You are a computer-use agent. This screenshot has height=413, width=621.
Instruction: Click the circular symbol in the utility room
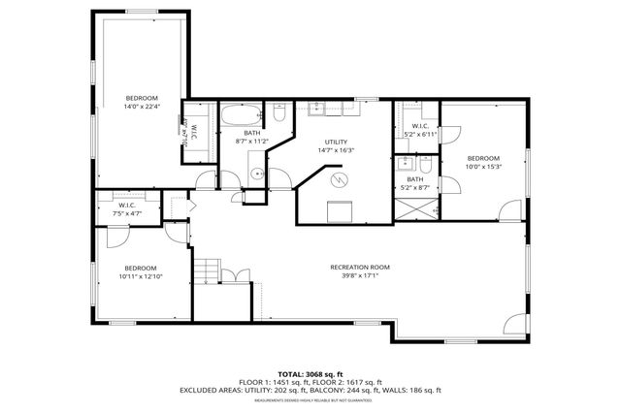tap(338, 180)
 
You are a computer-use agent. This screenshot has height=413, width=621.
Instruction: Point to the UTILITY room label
tap(336, 142)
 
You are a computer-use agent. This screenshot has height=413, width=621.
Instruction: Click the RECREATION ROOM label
tap(360, 267)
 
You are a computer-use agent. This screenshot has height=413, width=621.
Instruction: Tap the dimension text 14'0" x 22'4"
tap(142, 108)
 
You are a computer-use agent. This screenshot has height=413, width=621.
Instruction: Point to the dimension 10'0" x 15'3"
tap(482, 168)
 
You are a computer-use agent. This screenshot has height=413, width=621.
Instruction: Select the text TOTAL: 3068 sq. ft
tap(310, 373)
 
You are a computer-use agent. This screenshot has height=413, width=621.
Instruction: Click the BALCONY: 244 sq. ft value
tap(355, 391)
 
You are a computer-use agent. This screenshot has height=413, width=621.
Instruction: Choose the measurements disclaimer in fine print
tap(310, 399)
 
